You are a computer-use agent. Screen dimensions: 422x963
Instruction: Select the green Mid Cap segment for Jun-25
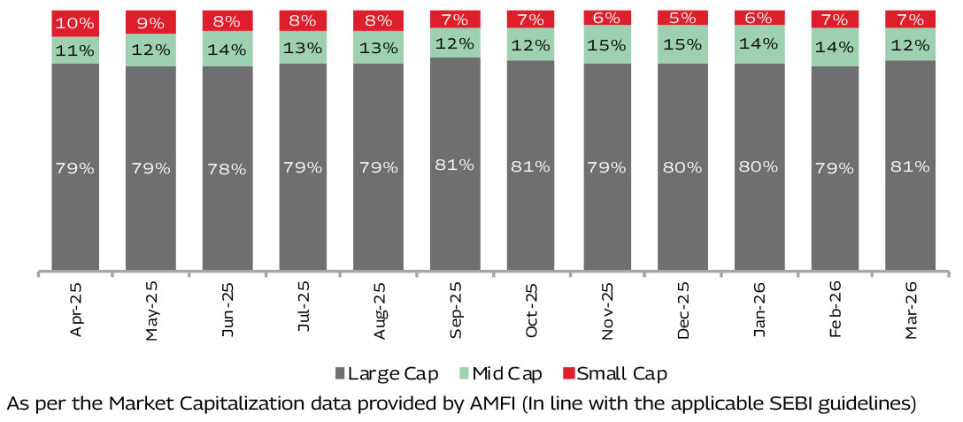(x=227, y=49)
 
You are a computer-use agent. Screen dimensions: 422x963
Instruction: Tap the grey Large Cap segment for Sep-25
(x=455, y=164)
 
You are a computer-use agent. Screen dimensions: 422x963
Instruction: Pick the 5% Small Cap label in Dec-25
(x=682, y=18)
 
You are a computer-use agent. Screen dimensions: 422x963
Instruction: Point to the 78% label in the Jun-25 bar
(x=227, y=168)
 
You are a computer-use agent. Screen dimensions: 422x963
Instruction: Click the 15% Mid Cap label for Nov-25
(x=607, y=43)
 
